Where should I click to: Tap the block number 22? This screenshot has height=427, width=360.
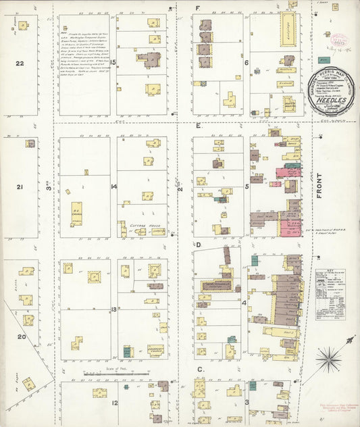(x=20, y=64)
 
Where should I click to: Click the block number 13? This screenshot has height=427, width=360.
(x=114, y=309)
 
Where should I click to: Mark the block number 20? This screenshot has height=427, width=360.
(x=22, y=336)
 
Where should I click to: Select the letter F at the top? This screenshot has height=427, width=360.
(x=198, y=8)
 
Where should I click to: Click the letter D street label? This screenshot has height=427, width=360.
(x=199, y=245)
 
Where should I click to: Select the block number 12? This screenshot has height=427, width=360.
(x=114, y=404)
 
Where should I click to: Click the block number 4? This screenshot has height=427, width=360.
(x=245, y=303)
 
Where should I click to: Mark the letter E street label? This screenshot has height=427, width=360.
(x=199, y=126)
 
